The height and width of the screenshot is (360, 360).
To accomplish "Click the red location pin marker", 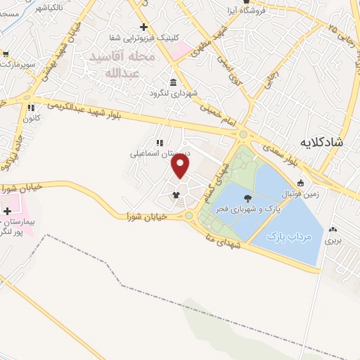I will click(x=181, y=166).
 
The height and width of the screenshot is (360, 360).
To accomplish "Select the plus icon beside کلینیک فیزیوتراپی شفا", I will click(x=143, y=27).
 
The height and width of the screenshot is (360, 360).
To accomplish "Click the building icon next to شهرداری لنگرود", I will click(x=174, y=82).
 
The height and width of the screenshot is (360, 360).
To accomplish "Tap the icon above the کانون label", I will click(x=30, y=108).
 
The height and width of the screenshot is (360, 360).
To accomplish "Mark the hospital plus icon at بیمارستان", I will click(x=7, y=211).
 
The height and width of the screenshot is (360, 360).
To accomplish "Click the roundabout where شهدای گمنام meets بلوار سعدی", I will click(x=243, y=134).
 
